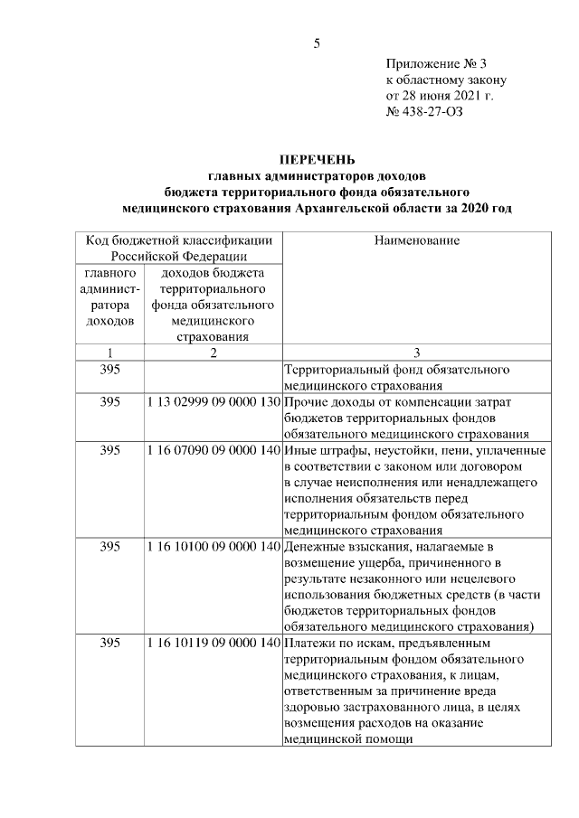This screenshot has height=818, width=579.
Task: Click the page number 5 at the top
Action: (x=317, y=42)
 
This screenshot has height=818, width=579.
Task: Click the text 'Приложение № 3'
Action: (x=436, y=63)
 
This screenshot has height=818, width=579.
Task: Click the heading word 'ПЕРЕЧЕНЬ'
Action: (x=317, y=160)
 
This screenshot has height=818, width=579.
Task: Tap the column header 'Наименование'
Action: (x=416, y=240)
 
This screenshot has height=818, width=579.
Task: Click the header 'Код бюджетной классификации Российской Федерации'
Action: (x=178, y=248)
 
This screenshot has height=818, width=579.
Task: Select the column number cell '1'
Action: (x=109, y=353)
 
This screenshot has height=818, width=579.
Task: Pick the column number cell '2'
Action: (x=214, y=353)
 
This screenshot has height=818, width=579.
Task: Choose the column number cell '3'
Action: (x=416, y=353)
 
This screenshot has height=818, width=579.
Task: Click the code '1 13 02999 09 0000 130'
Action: (x=214, y=401)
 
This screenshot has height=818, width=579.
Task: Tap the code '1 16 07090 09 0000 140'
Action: (x=214, y=450)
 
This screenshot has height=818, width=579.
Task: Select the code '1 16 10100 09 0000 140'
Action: (x=214, y=547)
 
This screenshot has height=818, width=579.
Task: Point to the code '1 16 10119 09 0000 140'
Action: (x=214, y=644)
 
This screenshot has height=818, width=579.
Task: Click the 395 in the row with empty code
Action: (x=109, y=370)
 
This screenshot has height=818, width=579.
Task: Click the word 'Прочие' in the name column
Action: (x=305, y=401)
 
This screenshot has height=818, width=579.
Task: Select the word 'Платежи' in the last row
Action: (x=309, y=644)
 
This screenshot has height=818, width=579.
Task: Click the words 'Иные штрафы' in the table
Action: (x=324, y=450)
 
